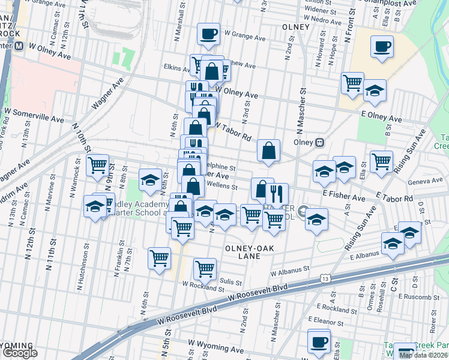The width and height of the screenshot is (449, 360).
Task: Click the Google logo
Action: coord(20,353)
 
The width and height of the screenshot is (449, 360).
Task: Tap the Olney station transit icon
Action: coord(320,143)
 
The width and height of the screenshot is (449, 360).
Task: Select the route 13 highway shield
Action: coord(325,279)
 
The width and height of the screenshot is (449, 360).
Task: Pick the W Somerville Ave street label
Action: coord(33,112)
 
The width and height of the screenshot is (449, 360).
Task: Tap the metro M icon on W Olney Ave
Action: coord(19,46)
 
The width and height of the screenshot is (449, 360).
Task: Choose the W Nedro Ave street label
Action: coord(322,20)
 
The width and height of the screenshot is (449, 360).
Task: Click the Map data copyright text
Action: coord(423,355)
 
